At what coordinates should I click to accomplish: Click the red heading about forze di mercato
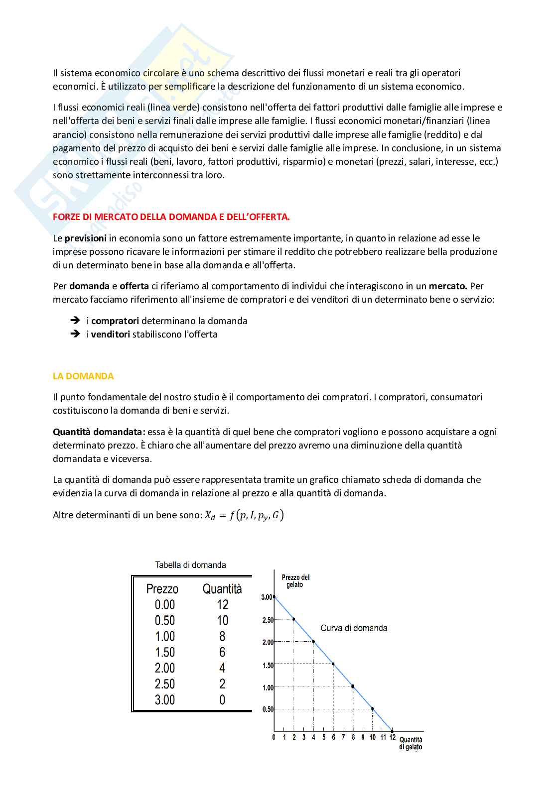tap(171, 217)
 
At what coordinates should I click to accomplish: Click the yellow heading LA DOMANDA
tap(83, 376)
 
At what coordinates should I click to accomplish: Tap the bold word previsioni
tap(85, 238)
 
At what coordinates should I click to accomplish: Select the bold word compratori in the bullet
tap(115, 321)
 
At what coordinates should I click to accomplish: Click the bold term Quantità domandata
tap(99, 432)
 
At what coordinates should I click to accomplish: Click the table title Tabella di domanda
tap(190, 565)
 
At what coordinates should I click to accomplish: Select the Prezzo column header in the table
tap(162, 589)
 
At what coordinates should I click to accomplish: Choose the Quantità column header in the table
tap(222, 589)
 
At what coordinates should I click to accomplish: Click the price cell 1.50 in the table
tap(165, 652)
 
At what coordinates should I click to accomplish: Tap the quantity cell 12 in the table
tap(222, 605)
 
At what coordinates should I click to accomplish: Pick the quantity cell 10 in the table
tap(222, 621)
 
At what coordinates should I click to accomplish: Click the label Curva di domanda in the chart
tap(354, 628)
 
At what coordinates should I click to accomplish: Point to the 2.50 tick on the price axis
tap(268, 620)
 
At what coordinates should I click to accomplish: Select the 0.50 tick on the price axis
tap(268, 709)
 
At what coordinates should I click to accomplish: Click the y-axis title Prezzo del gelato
tap(295, 581)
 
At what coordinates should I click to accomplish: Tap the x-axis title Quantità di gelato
tap(411, 743)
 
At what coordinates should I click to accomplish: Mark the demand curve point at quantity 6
tap(333, 664)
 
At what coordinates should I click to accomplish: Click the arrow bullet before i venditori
tap(75, 334)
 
